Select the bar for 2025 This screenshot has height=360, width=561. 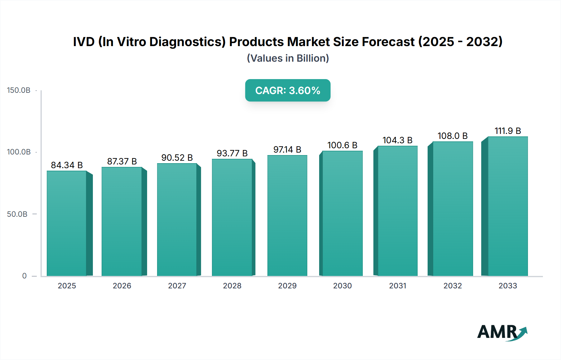(67, 223)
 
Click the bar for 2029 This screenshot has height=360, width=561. (287, 216)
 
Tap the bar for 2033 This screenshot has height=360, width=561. (508, 206)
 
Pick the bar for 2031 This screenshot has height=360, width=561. (397, 211)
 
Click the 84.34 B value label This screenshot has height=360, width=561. (67, 165)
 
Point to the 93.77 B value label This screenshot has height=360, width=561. (232, 153)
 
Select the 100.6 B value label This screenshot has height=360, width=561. (342, 145)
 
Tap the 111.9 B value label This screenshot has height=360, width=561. (508, 131)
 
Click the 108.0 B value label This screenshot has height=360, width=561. (453, 136)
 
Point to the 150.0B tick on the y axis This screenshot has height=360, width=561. (19, 90)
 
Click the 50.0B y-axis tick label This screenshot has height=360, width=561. (17, 214)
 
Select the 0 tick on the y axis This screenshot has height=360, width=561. (24, 276)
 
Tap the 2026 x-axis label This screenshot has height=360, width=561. (122, 286)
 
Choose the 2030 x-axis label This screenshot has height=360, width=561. (342, 286)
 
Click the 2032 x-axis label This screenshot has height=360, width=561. (453, 286)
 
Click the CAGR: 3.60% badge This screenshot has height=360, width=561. (288, 90)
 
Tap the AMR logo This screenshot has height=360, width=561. (502, 332)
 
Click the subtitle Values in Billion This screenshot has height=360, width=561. (288, 58)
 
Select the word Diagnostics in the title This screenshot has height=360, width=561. (187, 42)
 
